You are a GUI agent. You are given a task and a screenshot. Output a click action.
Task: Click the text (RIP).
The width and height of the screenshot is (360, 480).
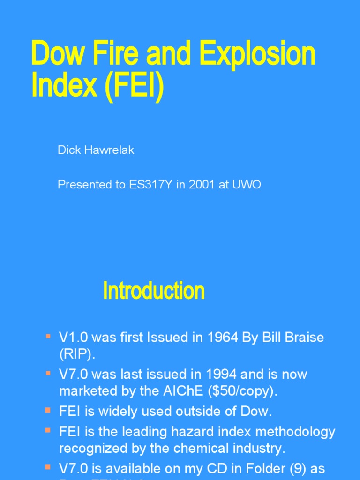click(x=77, y=354)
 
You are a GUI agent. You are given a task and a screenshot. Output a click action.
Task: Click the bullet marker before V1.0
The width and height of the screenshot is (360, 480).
click(x=48, y=336)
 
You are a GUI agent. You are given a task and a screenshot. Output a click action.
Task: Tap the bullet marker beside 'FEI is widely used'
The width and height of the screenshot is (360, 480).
click(x=48, y=411)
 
